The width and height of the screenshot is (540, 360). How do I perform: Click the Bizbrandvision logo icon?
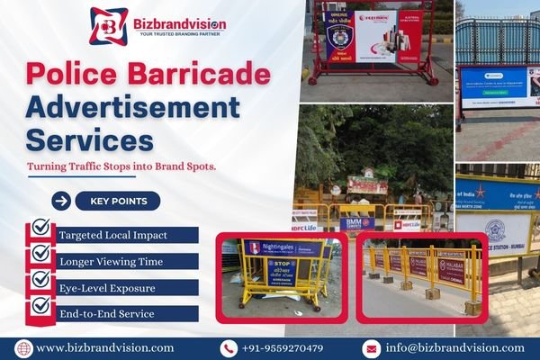point(109,24)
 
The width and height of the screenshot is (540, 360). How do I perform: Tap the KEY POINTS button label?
point(118,201)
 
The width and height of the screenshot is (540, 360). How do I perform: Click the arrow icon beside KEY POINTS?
point(61,201)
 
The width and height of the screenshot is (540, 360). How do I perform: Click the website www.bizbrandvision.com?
point(104,347)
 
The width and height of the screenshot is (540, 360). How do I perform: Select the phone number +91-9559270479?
point(283,347)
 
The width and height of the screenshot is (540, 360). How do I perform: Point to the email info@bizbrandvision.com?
point(455,347)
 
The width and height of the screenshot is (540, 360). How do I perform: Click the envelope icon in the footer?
point(371,347)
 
